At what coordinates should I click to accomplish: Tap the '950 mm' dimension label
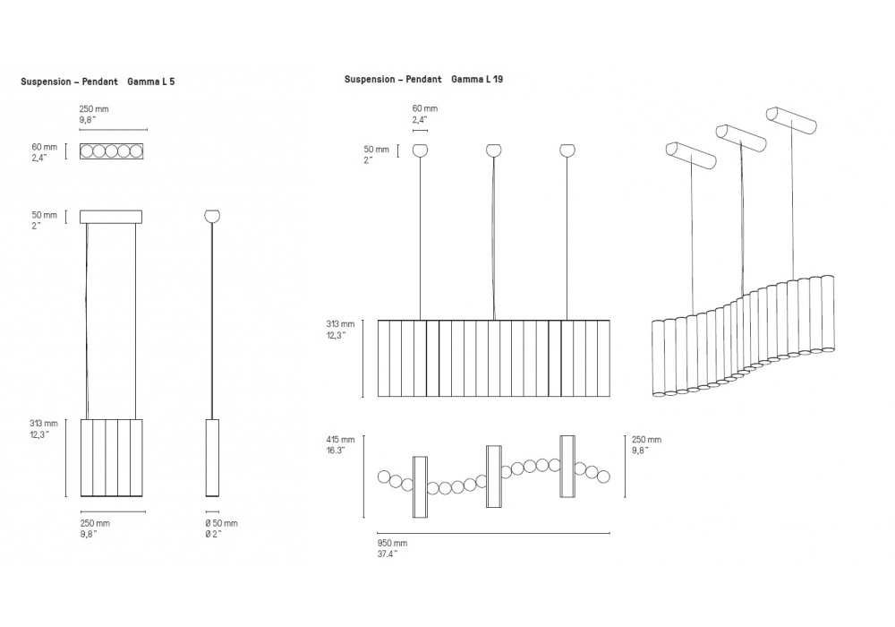click(x=392, y=543)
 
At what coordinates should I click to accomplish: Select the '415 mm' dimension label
click(x=341, y=440)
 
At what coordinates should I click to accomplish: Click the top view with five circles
click(x=112, y=151)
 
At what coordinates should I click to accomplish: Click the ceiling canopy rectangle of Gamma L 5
click(x=111, y=217)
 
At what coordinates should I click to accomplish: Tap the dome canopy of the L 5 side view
click(x=212, y=216)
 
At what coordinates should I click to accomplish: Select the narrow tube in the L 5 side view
click(x=212, y=457)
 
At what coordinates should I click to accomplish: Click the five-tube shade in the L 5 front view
click(x=112, y=457)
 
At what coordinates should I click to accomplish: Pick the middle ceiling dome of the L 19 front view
click(x=493, y=150)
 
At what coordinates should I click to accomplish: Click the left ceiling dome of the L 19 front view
click(x=420, y=150)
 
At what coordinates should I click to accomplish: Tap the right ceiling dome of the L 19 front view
click(x=567, y=150)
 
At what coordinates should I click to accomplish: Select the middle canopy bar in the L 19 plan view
click(x=493, y=476)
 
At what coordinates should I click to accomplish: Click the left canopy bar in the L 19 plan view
click(x=420, y=486)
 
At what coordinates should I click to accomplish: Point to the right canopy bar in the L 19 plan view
click(x=567, y=466)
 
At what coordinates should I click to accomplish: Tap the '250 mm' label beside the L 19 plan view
click(x=646, y=440)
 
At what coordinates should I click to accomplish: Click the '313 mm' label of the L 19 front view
click(x=341, y=323)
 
